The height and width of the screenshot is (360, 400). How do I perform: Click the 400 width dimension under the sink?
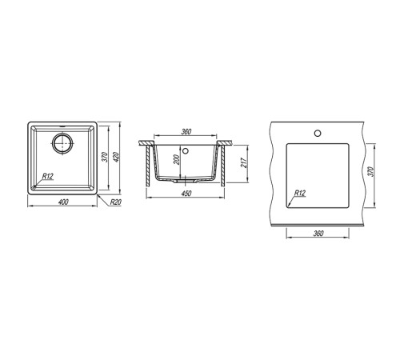point(63,202)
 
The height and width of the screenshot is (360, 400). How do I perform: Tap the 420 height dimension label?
point(115,157)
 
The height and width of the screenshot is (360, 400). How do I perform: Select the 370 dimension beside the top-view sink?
point(105,157)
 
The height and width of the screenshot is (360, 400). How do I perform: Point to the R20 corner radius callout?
point(116,202)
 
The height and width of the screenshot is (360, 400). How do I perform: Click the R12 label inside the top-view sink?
point(48,176)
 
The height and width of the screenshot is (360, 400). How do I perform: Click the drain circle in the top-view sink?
point(62,143)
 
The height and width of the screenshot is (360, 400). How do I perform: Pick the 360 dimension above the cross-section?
point(186,132)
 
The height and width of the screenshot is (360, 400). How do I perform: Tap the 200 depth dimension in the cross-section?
point(177,160)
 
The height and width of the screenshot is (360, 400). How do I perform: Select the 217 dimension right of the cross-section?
point(244,163)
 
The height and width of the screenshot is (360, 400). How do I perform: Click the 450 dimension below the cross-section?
point(186,194)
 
